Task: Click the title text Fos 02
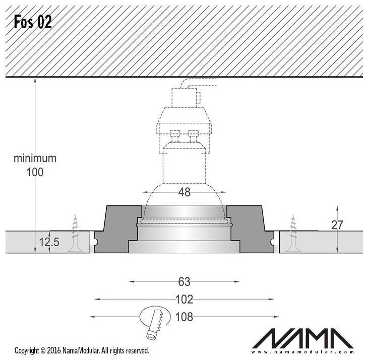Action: pyautogui.click(x=33, y=22)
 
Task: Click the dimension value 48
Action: pyautogui.click(x=184, y=192)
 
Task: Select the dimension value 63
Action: pyautogui.click(x=184, y=281)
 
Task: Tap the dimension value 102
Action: pyautogui.click(x=184, y=299)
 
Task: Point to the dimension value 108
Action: pyautogui.click(x=184, y=317)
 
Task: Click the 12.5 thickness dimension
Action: pyautogui.click(x=49, y=242)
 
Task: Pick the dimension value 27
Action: pyautogui.click(x=337, y=225)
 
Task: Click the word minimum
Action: pyautogui.click(x=35, y=158)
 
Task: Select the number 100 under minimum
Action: pyautogui.click(x=35, y=172)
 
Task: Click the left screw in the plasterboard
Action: pyautogui.click(x=75, y=234)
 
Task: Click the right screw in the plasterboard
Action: pyautogui.click(x=293, y=234)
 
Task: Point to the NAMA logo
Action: pyautogui.click(x=303, y=338)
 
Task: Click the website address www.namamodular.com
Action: pyautogui.click(x=303, y=352)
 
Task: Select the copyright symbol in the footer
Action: pyautogui.click(x=43, y=351)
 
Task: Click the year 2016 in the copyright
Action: pyautogui.click(x=54, y=351)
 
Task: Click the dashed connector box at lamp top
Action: pyautogui.click(x=184, y=98)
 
